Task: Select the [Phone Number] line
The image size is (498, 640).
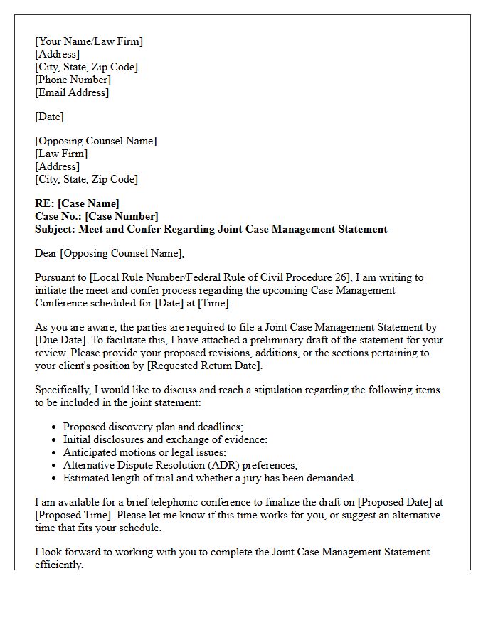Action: [x=73, y=80]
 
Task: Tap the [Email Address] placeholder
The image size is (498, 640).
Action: [x=72, y=92]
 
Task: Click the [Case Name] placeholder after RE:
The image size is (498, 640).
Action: [x=88, y=203]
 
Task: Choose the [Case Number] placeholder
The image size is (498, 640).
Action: [x=121, y=216]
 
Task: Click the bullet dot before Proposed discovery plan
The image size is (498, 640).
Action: [x=55, y=427]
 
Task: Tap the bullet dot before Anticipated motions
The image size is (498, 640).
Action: [x=55, y=453]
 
